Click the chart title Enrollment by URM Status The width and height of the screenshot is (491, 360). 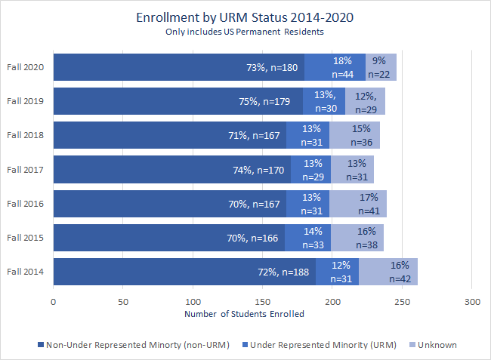(245, 17)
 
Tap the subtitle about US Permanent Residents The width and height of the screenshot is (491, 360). (245, 32)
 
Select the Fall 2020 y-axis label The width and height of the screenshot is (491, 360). (26, 67)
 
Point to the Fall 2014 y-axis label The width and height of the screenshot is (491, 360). (26, 272)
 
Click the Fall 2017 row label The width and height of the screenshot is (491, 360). (26, 170)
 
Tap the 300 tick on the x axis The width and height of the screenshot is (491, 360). (471, 302)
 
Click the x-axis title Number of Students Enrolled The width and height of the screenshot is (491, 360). (244, 314)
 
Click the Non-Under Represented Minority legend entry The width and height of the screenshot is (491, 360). (124, 344)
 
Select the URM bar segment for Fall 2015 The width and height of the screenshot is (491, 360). (307, 238)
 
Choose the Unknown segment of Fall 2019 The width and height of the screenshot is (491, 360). (366, 102)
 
